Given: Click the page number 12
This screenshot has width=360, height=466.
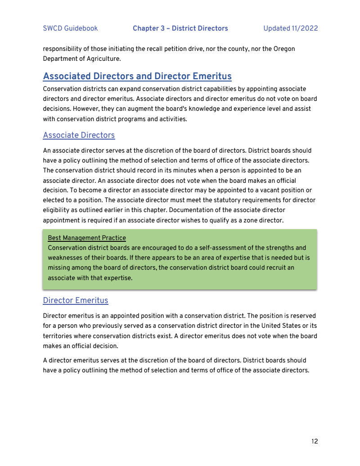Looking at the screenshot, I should (x=314, y=441).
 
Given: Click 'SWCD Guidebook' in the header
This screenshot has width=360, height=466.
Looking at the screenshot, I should (x=70, y=28).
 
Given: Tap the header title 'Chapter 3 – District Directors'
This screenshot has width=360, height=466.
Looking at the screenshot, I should (x=180, y=28).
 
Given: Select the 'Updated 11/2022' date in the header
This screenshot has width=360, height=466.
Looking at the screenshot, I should (x=290, y=28).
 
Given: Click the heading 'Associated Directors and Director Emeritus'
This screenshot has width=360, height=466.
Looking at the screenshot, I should (x=137, y=76).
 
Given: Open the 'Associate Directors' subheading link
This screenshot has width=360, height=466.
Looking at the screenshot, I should (x=79, y=135).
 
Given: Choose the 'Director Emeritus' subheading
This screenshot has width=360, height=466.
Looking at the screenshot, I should (x=76, y=300).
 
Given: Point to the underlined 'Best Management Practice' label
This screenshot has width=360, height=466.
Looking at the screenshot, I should (x=87, y=238).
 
